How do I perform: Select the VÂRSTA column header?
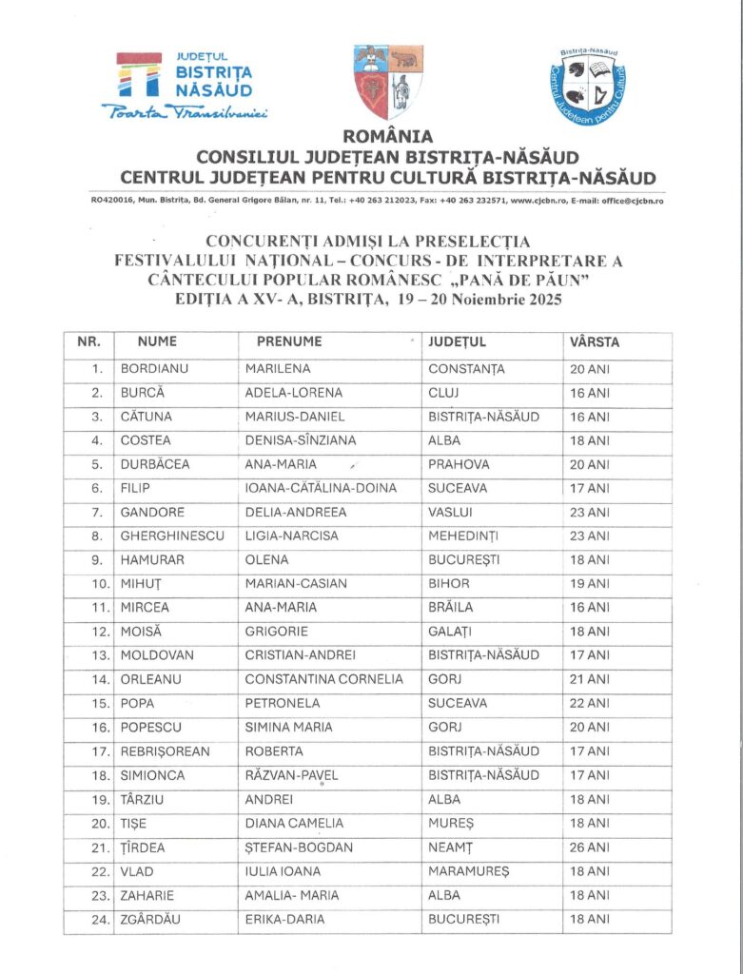(595, 342)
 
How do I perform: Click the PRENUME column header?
(289, 342)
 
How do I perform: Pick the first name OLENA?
(266, 560)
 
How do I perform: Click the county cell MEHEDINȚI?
(463, 536)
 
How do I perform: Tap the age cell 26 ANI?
(589, 847)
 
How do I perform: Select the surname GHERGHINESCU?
(172, 536)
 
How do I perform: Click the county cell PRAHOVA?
(459, 464)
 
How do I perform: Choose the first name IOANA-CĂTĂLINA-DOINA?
(321, 488)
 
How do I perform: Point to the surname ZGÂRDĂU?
(155, 919)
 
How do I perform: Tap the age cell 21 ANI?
(589, 679)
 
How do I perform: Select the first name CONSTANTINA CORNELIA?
(323, 679)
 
